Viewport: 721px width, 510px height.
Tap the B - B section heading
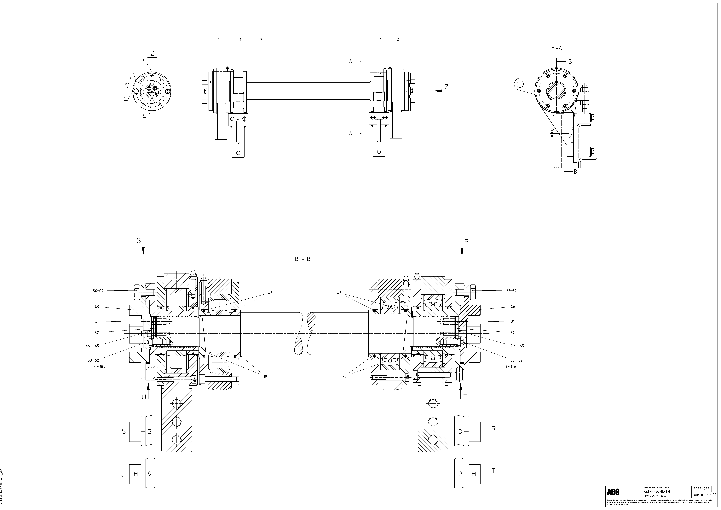[302, 259]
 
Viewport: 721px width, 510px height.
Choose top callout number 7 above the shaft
[261, 40]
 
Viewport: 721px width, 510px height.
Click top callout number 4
[381, 40]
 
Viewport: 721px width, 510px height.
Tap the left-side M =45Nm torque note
[99, 366]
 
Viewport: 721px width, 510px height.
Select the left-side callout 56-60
[98, 291]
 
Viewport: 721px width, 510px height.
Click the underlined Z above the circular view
[152, 54]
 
